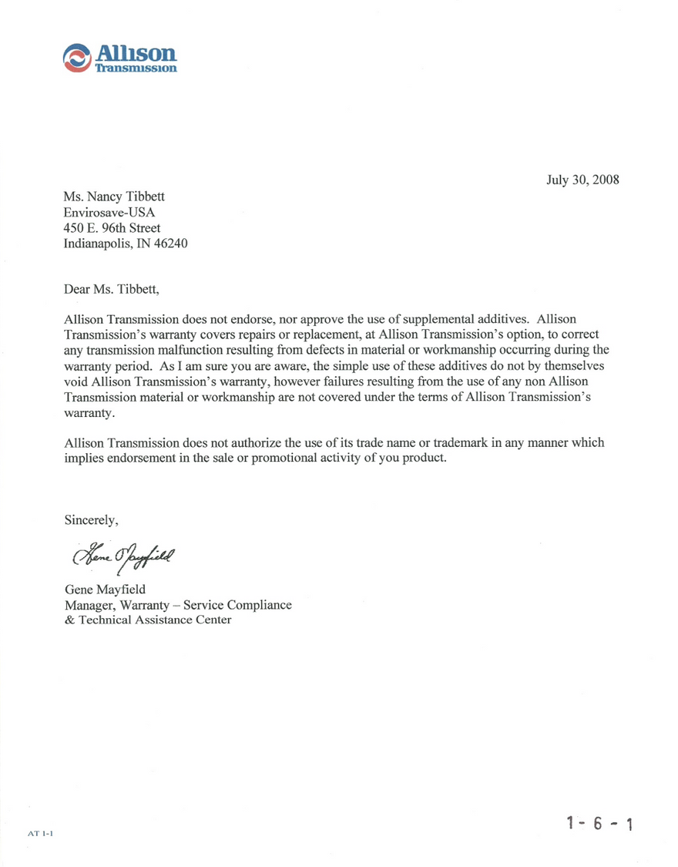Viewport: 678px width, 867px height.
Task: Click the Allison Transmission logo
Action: point(120,59)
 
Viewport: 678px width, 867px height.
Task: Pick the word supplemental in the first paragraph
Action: point(453,318)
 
